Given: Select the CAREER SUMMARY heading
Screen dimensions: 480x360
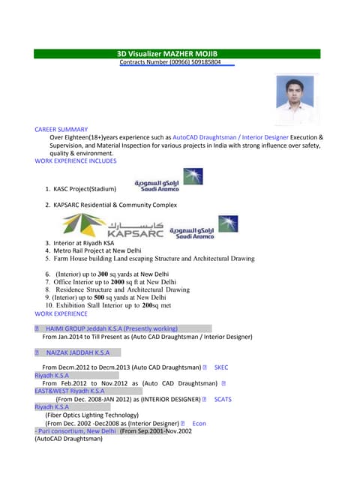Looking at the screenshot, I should point(61,130).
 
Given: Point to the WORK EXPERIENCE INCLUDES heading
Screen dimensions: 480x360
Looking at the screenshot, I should point(76,160).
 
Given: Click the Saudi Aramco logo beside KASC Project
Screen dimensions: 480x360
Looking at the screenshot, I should point(169,181).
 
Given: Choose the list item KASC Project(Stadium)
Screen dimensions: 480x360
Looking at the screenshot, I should point(85,190).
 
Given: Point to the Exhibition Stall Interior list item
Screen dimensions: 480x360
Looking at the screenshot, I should point(112,306).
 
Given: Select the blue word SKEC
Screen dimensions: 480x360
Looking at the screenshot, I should point(220,367).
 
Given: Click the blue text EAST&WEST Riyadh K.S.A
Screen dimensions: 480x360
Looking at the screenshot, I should point(70,391).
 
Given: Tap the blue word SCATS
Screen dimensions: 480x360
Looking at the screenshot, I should point(223,399).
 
